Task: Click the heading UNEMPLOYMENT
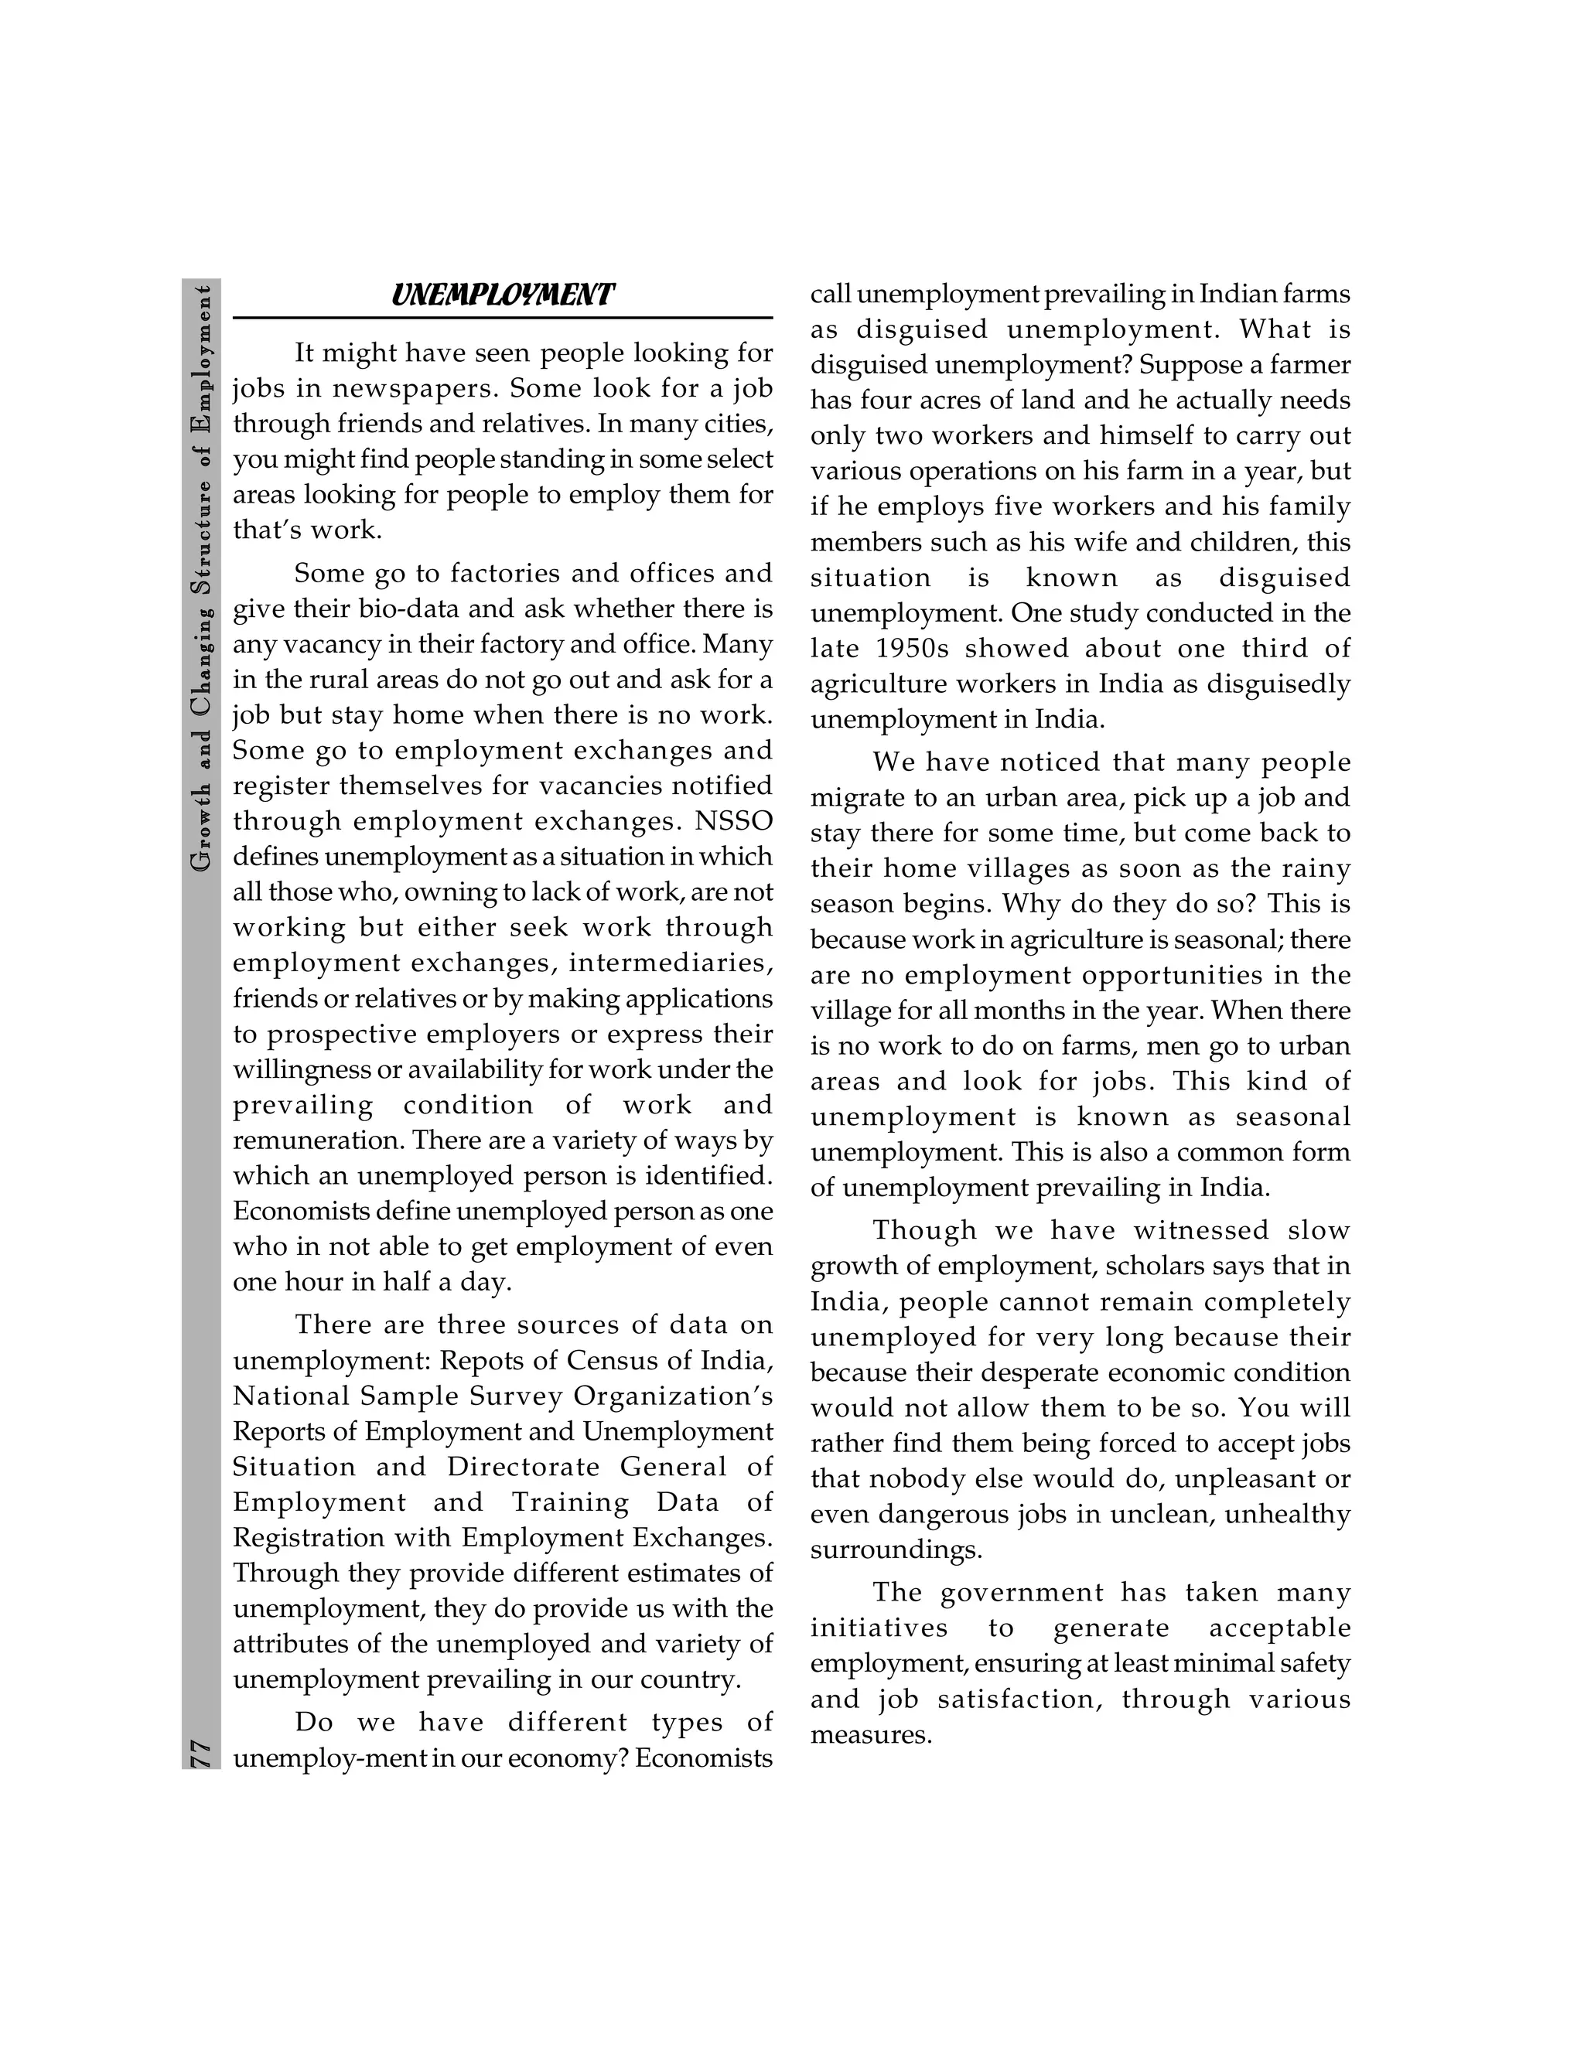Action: [x=502, y=295]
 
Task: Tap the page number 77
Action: [x=201, y=1753]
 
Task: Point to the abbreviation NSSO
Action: [x=734, y=821]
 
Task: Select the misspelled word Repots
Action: [x=478, y=1360]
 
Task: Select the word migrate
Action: [x=853, y=799]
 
